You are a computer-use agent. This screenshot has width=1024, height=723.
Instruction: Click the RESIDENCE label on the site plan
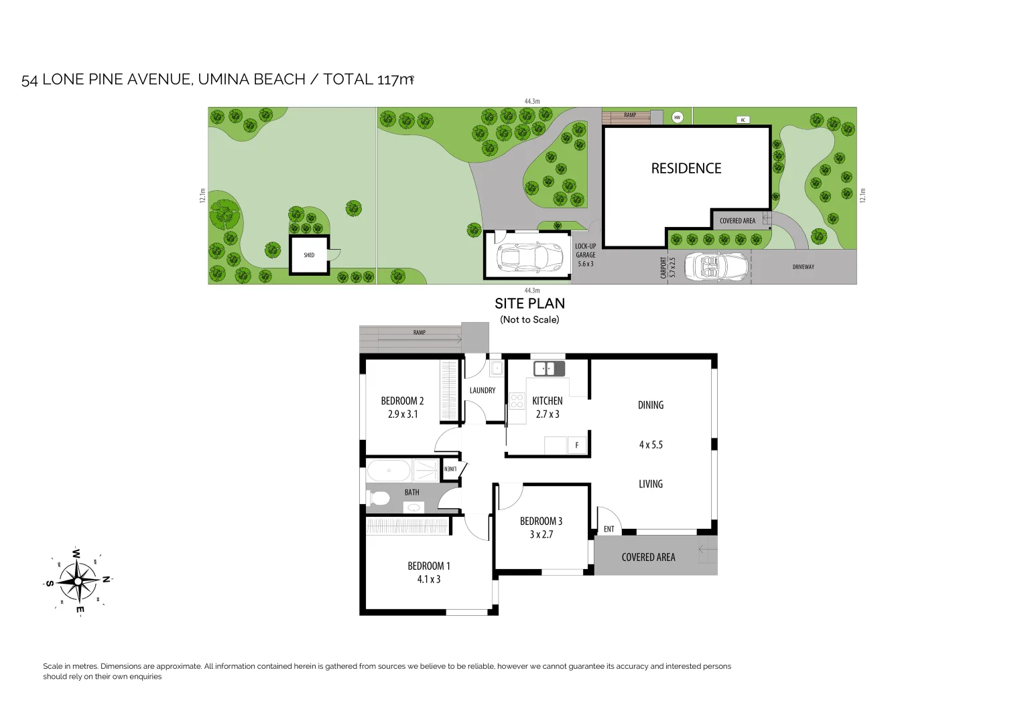tap(686, 169)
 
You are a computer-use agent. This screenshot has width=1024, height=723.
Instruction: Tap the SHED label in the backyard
tap(309, 255)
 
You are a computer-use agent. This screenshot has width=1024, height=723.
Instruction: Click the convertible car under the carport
tap(716, 266)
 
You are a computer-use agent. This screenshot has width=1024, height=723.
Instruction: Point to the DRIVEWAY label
tap(803, 267)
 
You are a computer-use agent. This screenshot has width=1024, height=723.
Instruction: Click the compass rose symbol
tap(78, 580)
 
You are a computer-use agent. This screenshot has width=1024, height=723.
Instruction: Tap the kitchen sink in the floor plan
tap(548, 368)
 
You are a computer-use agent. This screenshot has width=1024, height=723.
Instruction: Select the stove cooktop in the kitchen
tap(517, 401)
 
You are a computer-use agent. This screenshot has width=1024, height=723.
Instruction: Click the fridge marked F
tap(576, 445)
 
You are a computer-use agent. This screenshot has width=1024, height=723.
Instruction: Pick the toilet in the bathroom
tap(379, 498)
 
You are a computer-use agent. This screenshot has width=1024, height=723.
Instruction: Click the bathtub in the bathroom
tap(389, 471)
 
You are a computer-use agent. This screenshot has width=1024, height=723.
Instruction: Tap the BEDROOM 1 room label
tap(429, 566)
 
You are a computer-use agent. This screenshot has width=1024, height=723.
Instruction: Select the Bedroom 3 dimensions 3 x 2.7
tap(541, 534)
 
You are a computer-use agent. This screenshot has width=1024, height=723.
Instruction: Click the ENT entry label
tap(609, 529)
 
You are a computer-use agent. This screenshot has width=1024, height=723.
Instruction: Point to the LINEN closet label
tap(450, 469)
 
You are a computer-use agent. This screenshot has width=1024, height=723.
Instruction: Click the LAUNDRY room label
tap(483, 390)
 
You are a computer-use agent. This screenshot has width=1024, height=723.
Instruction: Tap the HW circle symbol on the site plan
tap(677, 117)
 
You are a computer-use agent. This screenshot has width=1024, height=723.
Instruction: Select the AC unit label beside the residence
tap(743, 120)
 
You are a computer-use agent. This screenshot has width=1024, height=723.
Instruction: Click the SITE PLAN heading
tap(529, 303)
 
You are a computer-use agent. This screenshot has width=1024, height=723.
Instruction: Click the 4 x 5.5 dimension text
tap(651, 445)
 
